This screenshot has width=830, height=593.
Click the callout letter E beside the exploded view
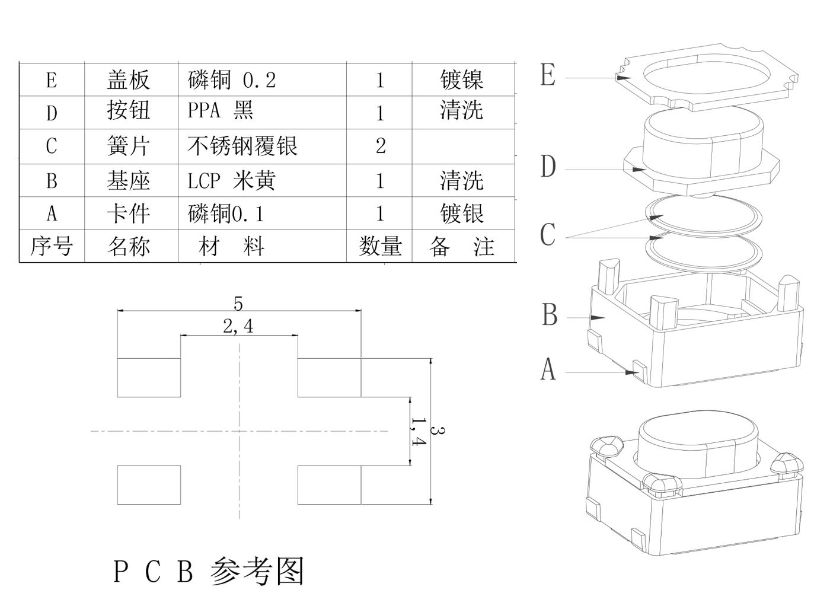coord(548,75)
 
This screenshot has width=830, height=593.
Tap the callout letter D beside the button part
coord(548,167)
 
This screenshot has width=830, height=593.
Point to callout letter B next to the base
coord(550,315)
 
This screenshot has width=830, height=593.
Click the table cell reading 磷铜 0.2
coord(232,79)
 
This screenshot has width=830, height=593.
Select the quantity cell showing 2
coord(380,146)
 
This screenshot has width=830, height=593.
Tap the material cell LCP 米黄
coord(232,180)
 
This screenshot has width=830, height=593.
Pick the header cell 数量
coord(380,246)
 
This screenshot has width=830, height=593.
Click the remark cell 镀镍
coord(461,79)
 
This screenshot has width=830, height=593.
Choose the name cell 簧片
coord(128,146)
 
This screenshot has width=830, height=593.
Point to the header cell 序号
coord(52,246)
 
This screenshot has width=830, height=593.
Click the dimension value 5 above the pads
coord(238,304)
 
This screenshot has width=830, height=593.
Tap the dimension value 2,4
coord(238,326)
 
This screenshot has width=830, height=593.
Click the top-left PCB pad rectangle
coord(149,378)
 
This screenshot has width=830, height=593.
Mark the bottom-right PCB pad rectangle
coord(329,485)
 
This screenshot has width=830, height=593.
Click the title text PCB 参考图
coord(208,570)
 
